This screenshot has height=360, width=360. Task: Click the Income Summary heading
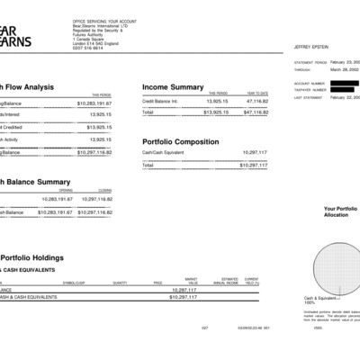[x=173, y=87]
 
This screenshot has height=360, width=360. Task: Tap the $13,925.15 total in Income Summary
[x=214, y=112]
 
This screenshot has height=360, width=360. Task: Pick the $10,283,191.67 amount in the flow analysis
[x=91, y=103]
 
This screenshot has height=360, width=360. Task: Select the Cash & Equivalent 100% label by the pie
[x=319, y=300]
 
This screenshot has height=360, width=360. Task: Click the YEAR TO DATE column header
[x=257, y=93]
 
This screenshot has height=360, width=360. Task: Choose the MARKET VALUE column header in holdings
[x=191, y=281]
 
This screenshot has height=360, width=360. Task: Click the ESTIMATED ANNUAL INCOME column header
[x=226, y=281]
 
